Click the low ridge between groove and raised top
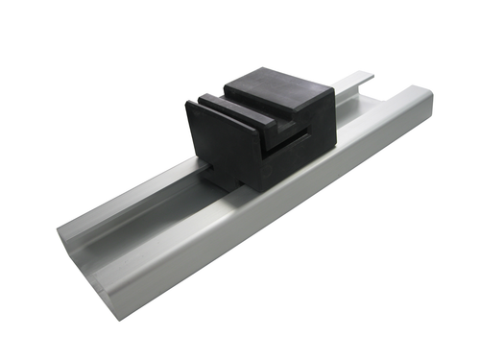point(240,108)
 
